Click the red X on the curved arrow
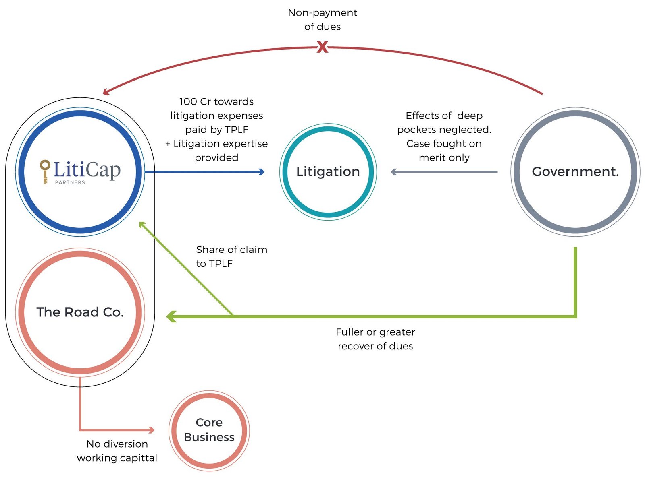(322, 47)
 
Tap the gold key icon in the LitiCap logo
(45, 171)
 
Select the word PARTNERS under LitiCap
(70, 182)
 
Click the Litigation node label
(328, 172)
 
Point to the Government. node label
(575, 172)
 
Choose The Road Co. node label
(80, 312)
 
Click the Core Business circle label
(209, 430)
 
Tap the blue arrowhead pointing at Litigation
(262, 172)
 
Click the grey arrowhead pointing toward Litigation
(394, 172)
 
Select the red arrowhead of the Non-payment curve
(106, 92)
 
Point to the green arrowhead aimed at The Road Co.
(171, 316)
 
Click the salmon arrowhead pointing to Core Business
(152, 430)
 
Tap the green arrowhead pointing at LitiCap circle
(141, 224)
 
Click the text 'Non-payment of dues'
(322, 20)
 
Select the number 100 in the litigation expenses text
(188, 102)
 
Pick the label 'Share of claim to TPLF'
(231, 256)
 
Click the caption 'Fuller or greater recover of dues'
(375, 339)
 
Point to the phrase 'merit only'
(444, 158)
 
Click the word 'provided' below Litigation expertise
(216, 158)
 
